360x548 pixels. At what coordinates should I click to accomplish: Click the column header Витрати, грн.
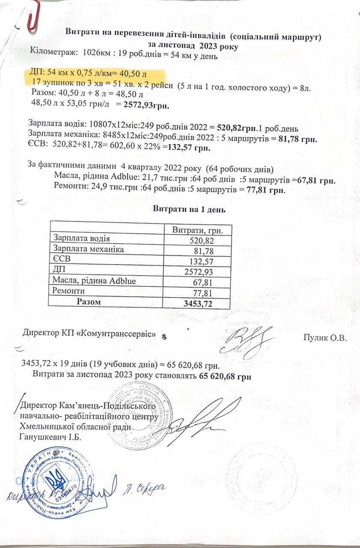(198, 229)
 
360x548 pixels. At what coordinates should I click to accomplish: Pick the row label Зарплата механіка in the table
(88, 249)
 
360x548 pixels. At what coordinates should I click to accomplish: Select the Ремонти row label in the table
(68, 291)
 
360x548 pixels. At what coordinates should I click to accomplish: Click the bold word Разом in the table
(89, 302)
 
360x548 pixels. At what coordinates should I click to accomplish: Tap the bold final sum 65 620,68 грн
(225, 376)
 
